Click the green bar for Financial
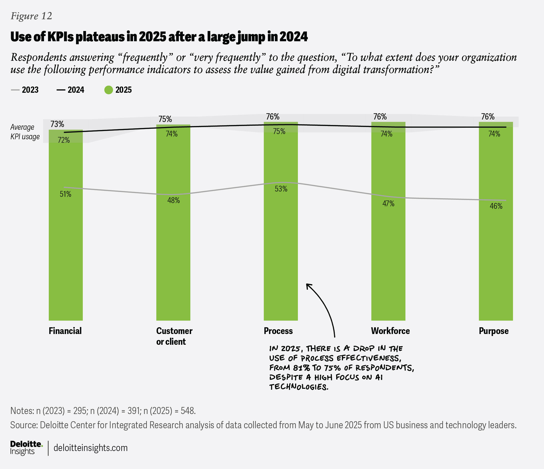coord(66,236)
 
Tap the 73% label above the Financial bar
coord(57,124)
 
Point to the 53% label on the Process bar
coord(281,189)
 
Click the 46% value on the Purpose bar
coord(496,206)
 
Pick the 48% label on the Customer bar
coord(174,200)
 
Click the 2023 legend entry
coord(25,90)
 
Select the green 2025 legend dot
coord(109,90)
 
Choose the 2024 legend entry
coord(71,90)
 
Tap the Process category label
coord(278,331)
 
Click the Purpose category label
coord(493,331)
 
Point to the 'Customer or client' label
coord(174,336)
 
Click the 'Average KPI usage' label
coord(25,132)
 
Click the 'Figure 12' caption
coord(31,16)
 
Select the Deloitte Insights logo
coord(26,448)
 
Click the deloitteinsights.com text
coord(91,448)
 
